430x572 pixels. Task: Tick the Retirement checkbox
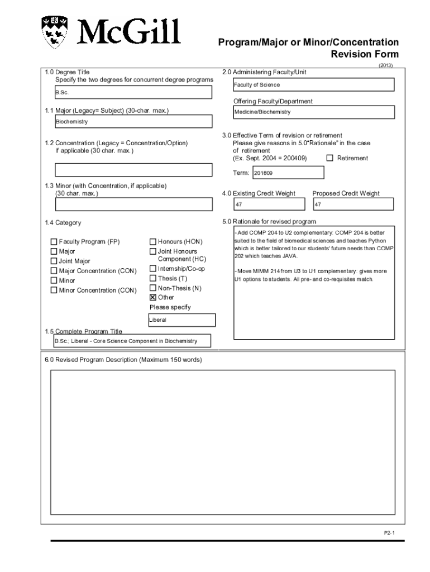pyautogui.click(x=329, y=158)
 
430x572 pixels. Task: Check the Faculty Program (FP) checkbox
pyautogui.click(x=54, y=242)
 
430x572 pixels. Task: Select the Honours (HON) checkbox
pyautogui.click(x=153, y=242)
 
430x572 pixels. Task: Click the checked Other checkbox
pyautogui.click(x=153, y=297)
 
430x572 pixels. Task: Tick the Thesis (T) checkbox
pyautogui.click(x=153, y=278)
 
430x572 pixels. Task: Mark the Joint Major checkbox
pyautogui.click(x=54, y=261)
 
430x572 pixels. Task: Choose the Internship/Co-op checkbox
pyautogui.click(x=153, y=269)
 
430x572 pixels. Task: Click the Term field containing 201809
pyautogui.click(x=288, y=173)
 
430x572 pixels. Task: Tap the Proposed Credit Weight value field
pyautogui.click(x=353, y=205)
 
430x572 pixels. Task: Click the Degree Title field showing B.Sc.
pyautogui.click(x=133, y=93)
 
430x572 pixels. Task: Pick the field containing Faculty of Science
pyautogui.click(x=314, y=85)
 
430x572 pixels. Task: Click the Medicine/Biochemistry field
pyautogui.click(x=314, y=112)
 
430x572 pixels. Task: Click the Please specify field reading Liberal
pyautogui.click(x=181, y=320)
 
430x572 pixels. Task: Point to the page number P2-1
pyautogui.click(x=389, y=533)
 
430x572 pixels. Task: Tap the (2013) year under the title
pyautogui.click(x=385, y=65)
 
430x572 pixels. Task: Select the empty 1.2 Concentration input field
pyautogui.click(x=133, y=170)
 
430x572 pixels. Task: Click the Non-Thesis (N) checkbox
pyautogui.click(x=153, y=288)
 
